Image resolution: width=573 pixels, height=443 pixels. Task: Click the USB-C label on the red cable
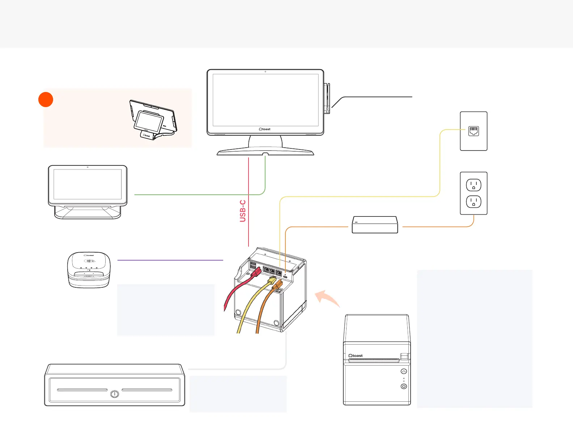pos(243,211)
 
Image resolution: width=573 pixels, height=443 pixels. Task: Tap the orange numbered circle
pos(46,100)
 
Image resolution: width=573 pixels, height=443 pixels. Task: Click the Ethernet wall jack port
pos(474,131)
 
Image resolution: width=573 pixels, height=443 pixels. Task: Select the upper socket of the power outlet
pos(474,185)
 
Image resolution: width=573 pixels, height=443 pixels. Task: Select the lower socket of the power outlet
pos(474,202)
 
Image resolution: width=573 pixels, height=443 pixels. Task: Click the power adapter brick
pos(375,225)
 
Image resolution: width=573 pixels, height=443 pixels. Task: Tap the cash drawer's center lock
pos(115,394)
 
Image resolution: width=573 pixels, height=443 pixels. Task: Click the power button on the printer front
pos(404,386)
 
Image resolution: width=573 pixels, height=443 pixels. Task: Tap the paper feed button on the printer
pos(404,371)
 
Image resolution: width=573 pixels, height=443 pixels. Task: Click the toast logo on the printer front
pos(356,356)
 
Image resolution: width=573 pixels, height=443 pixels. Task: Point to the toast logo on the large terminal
pos(265,129)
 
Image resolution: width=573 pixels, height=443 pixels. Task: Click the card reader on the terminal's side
pos(327,98)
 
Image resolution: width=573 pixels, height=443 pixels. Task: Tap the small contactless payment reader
pos(89,270)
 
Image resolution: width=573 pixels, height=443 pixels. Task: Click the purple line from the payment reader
pos(170,260)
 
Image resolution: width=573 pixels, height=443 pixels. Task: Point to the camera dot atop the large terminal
pos(265,72)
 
